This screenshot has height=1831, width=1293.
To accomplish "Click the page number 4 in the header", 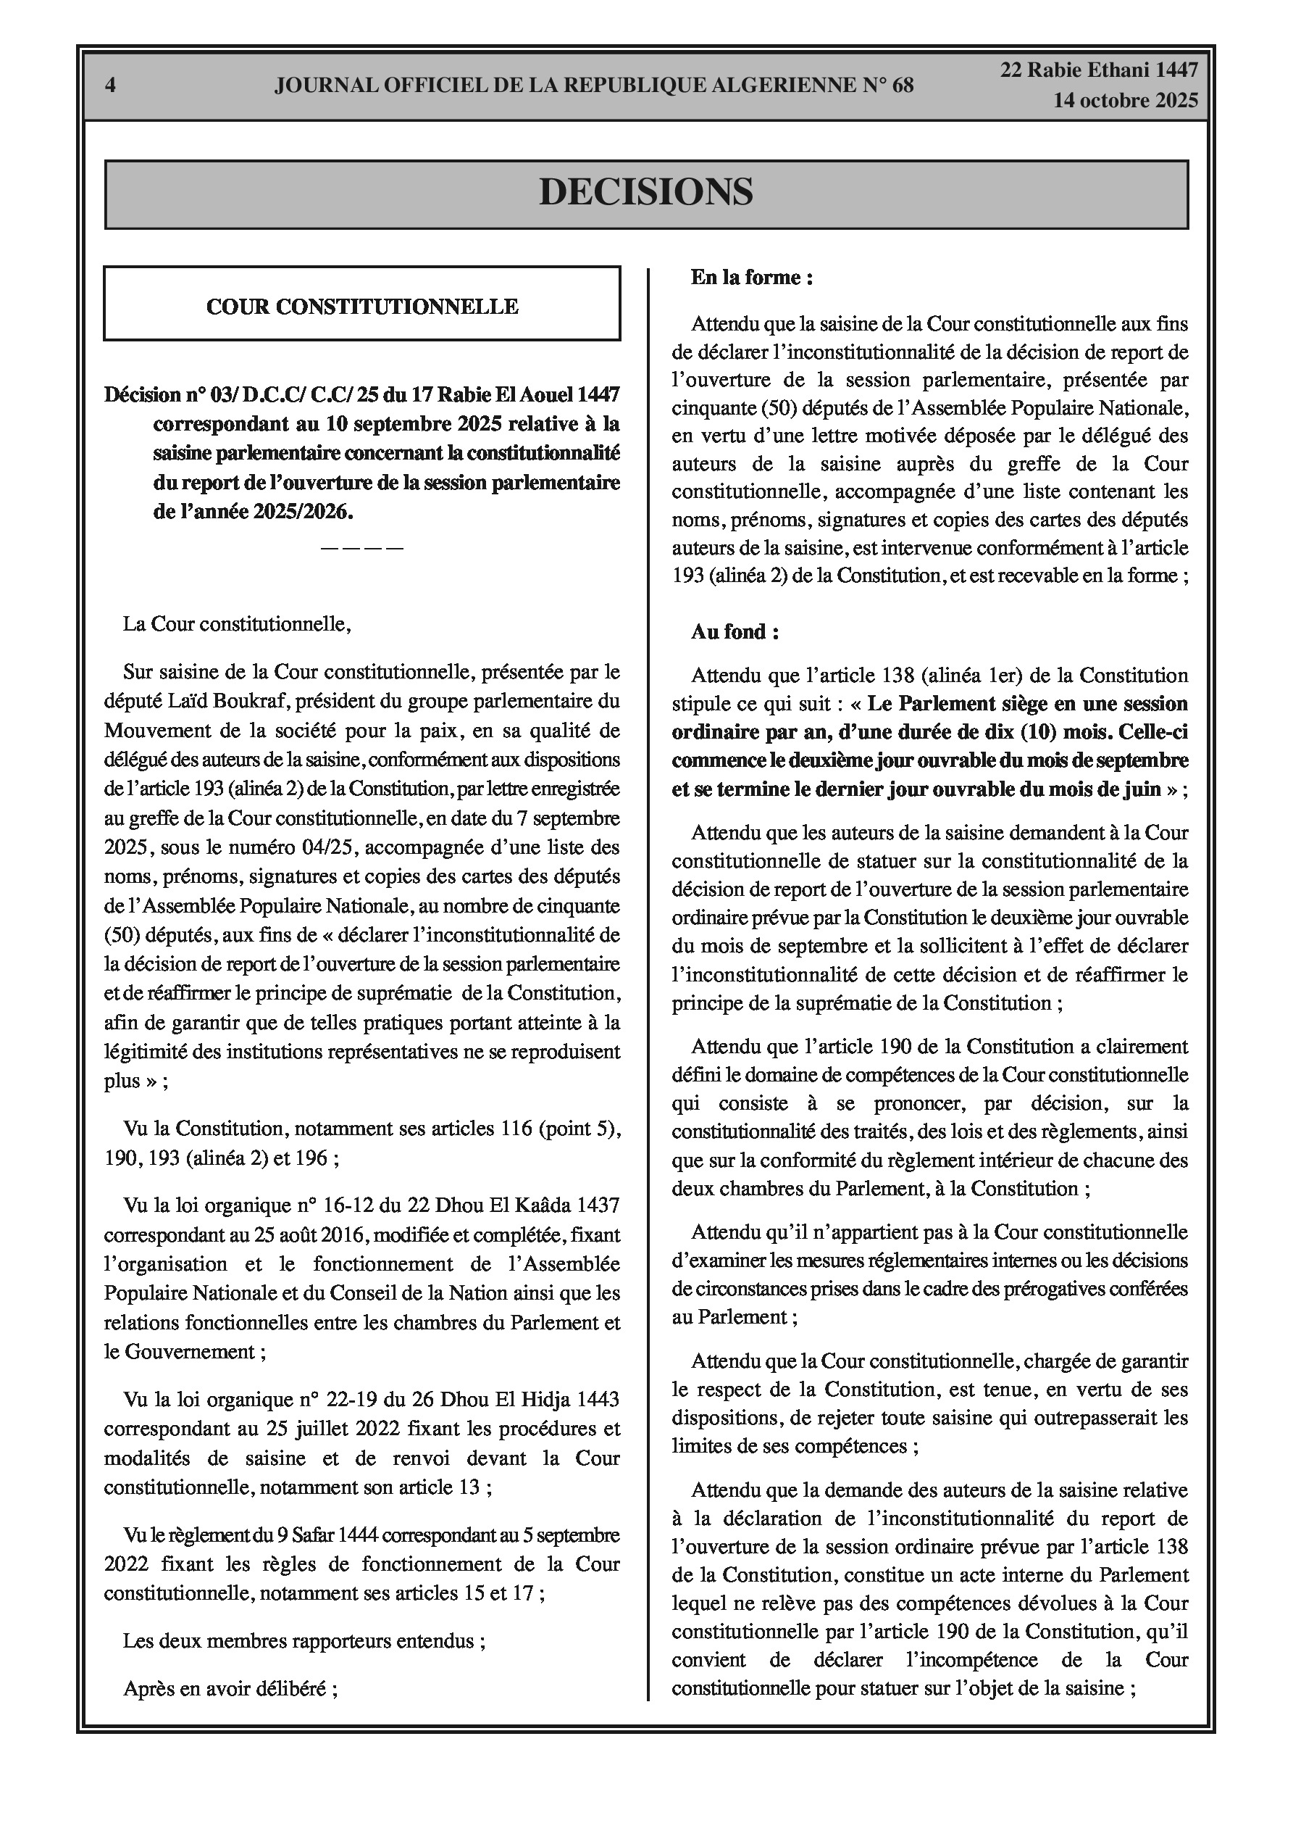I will (110, 86).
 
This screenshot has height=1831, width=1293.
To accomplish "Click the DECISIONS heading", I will (645, 192).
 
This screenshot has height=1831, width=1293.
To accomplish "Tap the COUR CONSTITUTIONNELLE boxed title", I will (362, 306).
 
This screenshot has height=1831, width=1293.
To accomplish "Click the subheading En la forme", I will (751, 278).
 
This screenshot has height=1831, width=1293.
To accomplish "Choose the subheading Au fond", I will (735, 631).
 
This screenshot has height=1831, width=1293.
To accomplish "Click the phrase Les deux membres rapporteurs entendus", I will (304, 1641).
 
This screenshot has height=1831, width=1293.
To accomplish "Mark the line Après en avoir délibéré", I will (230, 1688).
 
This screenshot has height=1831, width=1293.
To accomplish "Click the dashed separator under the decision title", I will (362, 548).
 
